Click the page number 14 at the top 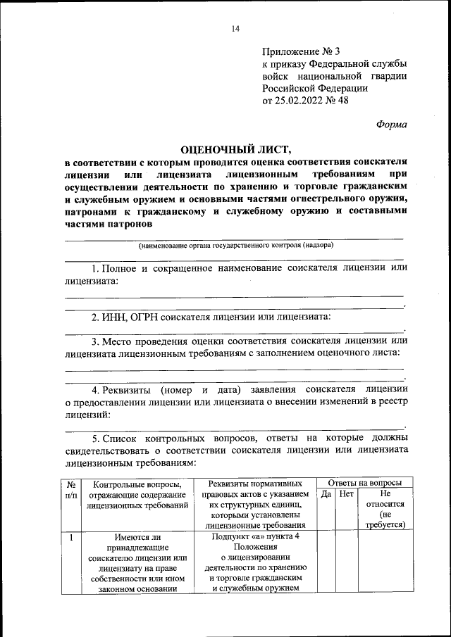point(235,28)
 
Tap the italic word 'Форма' point(390,124)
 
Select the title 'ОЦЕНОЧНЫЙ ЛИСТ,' point(235,149)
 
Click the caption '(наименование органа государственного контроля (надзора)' point(235,246)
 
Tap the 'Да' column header point(326,494)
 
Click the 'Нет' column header point(346,494)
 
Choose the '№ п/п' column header point(71,489)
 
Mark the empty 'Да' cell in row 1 point(326,563)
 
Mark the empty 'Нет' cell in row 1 point(346,563)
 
